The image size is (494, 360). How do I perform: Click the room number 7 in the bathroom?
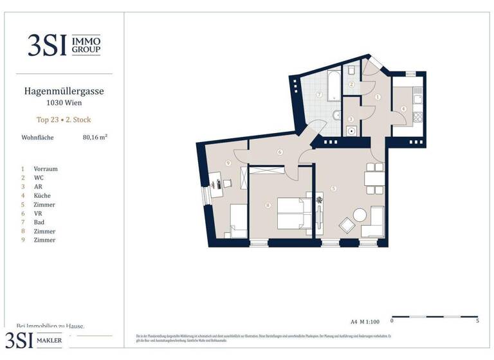pyautogui.click(x=319, y=94)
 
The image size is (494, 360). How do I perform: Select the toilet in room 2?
pyautogui.click(x=353, y=71)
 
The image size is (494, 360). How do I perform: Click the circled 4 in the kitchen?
pyautogui.click(x=403, y=109)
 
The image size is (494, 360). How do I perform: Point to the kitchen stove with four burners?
pyautogui.click(x=417, y=117)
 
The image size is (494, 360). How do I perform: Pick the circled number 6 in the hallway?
pyautogui.click(x=280, y=152)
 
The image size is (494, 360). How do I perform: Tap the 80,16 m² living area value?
pyautogui.click(x=95, y=137)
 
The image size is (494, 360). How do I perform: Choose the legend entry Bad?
pyautogui.click(x=40, y=222)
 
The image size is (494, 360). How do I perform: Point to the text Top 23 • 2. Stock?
pyautogui.click(x=62, y=119)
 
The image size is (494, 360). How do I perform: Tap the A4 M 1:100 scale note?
pyautogui.click(x=366, y=320)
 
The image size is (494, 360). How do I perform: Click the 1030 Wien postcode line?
pyautogui.click(x=63, y=103)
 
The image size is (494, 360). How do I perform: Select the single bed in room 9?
pyautogui.click(x=239, y=221)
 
